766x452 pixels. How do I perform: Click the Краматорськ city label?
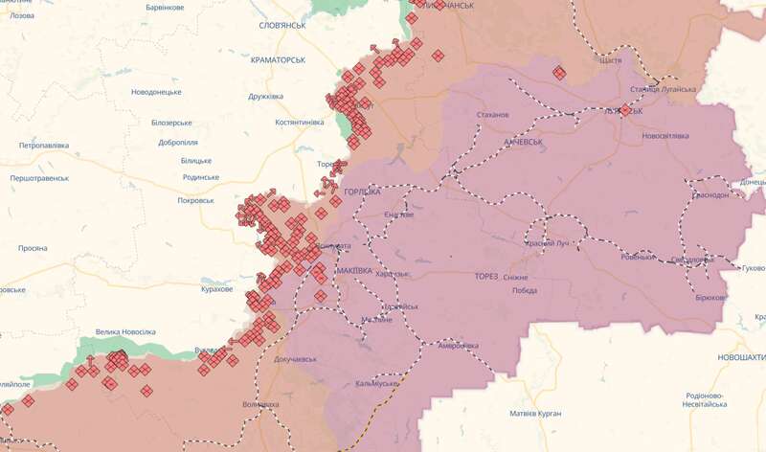point(277,59)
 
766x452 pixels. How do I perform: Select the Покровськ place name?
point(202,201)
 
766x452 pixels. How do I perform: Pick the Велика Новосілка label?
point(125,332)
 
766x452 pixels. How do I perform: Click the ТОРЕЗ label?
point(486,277)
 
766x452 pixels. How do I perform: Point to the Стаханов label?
point(493,115)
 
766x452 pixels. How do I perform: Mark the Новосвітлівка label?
point(665,136)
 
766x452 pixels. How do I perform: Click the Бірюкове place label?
point(710,298)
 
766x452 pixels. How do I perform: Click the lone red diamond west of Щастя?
point(559,72)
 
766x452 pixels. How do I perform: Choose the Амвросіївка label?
point(458,345)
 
